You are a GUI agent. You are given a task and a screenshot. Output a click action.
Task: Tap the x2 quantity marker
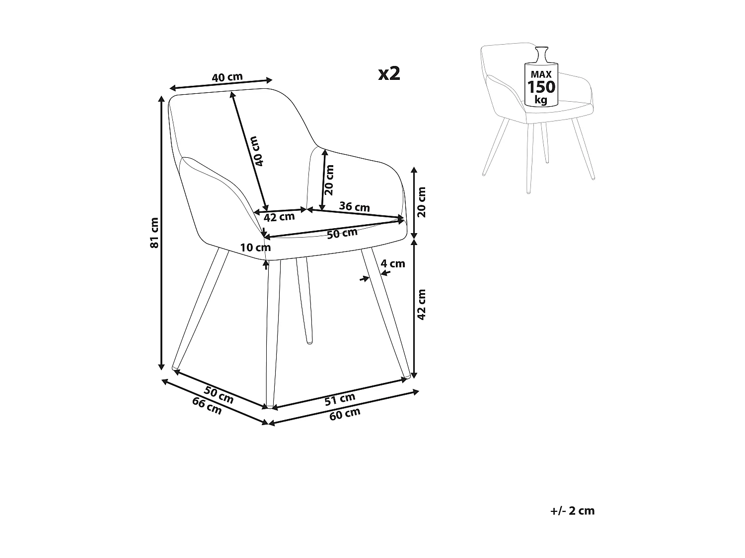point(389,73)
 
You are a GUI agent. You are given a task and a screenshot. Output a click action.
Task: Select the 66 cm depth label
point(207,406)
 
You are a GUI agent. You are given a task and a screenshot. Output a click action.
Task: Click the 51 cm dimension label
point(340,398)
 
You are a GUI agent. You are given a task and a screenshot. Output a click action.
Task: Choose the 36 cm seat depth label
point(354,206)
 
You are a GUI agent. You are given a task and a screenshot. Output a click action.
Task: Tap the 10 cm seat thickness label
point(255,247)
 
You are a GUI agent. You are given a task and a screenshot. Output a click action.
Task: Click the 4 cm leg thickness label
point(393,263)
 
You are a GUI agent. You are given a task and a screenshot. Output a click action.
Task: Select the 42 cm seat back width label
point(279,217)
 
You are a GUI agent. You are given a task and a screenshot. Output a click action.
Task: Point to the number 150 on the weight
point(541,87)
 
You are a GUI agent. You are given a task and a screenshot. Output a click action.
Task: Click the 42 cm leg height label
point(421,304)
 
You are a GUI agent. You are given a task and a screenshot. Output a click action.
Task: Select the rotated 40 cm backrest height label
point(257,151)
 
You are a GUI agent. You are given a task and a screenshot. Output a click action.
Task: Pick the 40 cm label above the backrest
point(227,77)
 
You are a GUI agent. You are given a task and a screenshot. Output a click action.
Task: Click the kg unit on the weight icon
point(541,100)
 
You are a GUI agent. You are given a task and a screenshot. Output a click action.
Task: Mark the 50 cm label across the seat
point(343,233)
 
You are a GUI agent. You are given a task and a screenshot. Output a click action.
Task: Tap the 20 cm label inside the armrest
point(329,179)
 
